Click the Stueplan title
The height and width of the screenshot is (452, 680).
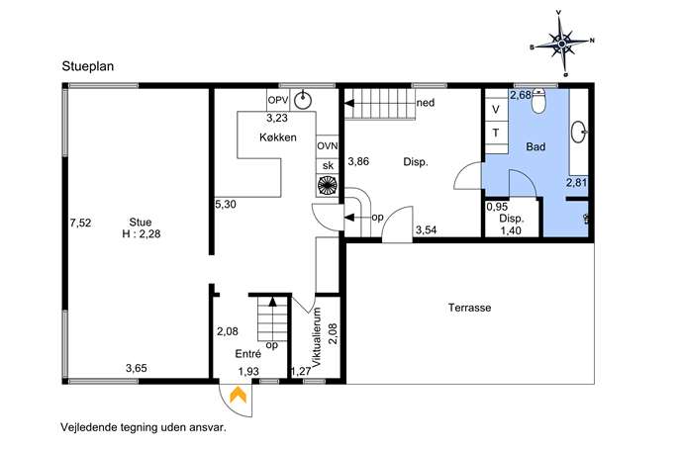pos(88,66)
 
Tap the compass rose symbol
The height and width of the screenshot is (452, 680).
pos(562,44)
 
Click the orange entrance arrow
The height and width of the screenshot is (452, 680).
pos(239,395)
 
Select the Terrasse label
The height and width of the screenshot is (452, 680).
pos(470,308)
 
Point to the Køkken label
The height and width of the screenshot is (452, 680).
pos(278,137)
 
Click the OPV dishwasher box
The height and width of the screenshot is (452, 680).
pos(278,100)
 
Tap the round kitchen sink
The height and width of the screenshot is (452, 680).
pos(303,101)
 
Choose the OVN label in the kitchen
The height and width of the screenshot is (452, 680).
pos(327,146)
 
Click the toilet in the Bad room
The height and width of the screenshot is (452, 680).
pos(538,101)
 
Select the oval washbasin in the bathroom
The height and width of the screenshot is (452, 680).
pos(578,132)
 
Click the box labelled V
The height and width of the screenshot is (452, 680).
pos(496,110)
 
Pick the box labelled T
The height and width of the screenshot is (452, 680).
pos(496,133)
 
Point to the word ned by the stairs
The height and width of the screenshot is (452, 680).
pos(426,103)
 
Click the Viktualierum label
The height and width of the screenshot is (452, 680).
pos(317,337)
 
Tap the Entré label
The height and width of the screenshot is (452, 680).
pos(248,354)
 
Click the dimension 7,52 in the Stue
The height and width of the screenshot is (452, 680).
pos(80,223)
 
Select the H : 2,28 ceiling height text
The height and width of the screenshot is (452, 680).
pos(142,234)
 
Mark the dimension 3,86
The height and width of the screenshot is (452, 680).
pos(358,161)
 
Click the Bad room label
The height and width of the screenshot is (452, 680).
pos(535,146)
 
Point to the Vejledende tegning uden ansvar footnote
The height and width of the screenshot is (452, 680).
pos(144,427)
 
